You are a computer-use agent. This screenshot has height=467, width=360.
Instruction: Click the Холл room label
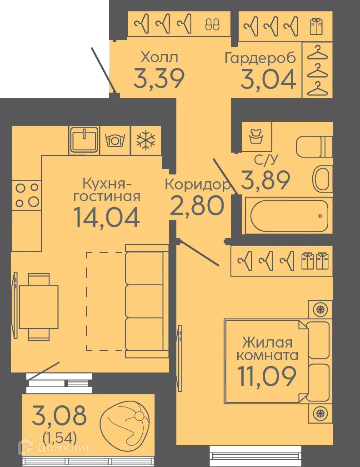click(x=159, y=58)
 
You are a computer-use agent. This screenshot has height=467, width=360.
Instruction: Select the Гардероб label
click(x=260, y=58)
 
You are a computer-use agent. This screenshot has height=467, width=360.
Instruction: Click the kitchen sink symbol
click(x=84, y=139)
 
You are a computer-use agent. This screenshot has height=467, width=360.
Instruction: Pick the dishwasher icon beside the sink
click(x=115, y=140)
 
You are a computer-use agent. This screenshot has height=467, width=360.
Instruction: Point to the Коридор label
click(x=196, y=185)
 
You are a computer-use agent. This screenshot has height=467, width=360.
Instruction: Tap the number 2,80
click(x=197, y=206)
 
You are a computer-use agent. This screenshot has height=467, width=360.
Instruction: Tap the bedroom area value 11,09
click(x=267, y=375)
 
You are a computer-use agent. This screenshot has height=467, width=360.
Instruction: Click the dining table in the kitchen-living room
click(x=39, y=307)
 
